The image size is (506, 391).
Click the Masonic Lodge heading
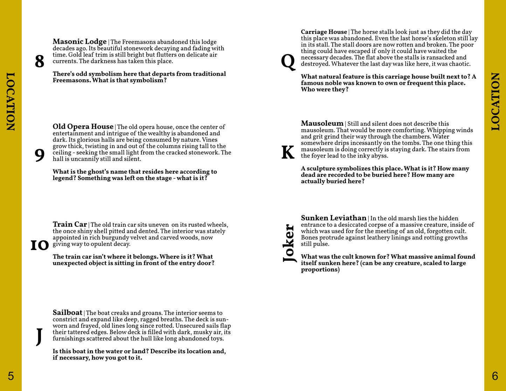(79, 42)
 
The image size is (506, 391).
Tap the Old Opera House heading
(83, 127)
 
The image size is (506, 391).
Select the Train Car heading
(70, 224)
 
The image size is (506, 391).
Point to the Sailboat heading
(67, 313)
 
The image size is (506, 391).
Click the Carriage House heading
(324, 32)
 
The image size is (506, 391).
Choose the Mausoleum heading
(322, 123)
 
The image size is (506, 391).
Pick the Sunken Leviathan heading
(333, 218)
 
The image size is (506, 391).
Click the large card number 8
(40, 62)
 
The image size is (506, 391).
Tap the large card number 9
(40, 155)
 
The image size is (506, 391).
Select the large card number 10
(39, 245)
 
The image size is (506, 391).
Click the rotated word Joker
(289, 243)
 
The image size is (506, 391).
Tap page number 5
(11, 376)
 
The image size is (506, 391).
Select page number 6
(495, 376)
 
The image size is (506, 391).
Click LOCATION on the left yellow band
(11, 102)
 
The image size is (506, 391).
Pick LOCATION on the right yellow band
(495, 102)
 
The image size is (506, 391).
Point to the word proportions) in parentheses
(320, 270)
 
